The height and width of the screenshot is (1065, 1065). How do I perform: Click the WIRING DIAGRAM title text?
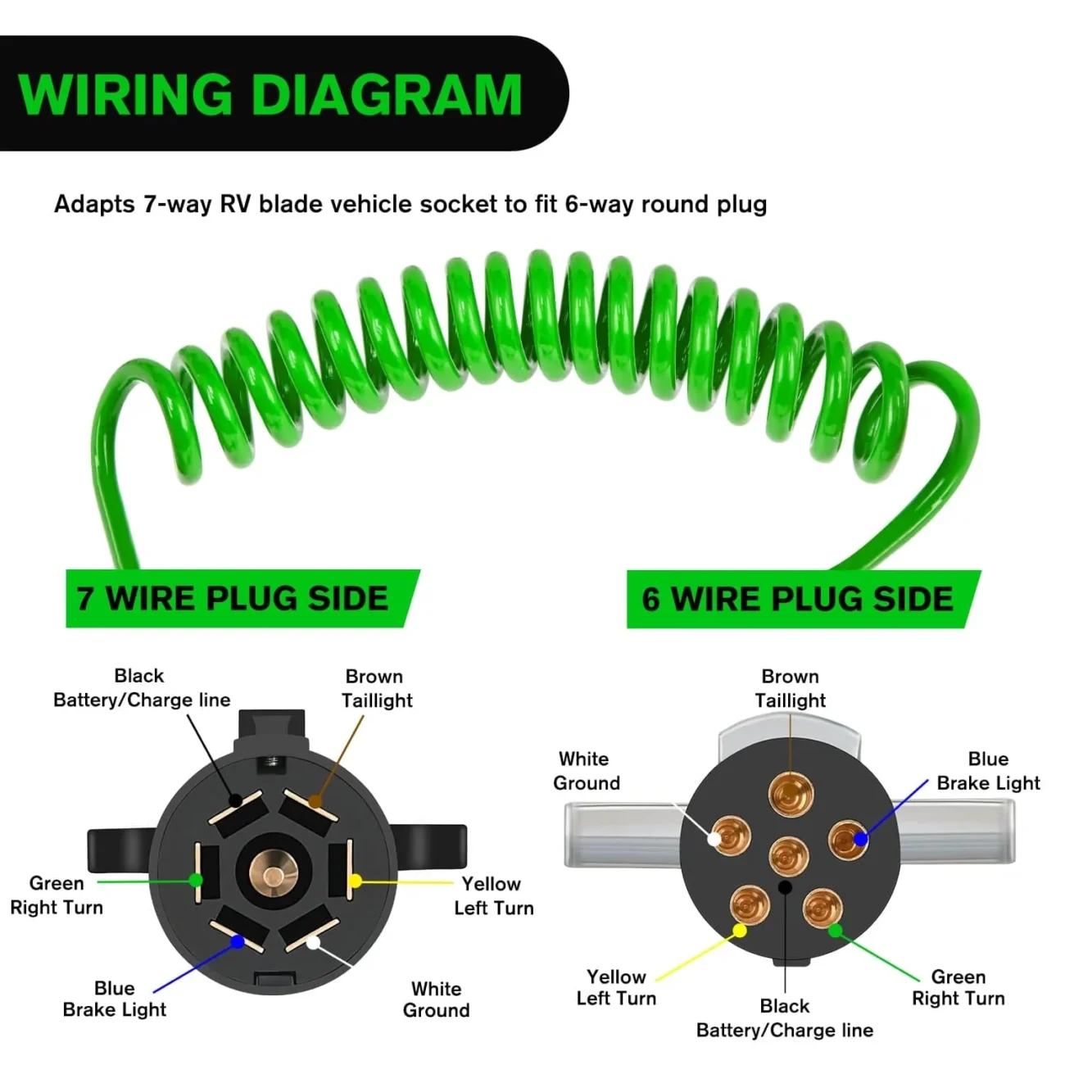point(270,94)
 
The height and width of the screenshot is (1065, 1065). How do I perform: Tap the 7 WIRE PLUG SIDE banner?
point(233,599)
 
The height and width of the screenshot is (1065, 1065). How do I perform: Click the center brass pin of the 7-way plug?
point(273,876)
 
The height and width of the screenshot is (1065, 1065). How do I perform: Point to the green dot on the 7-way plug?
point(196,881)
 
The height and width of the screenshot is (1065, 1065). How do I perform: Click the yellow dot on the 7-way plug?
point(355,881)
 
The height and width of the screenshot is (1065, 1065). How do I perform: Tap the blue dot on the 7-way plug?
point(238,942)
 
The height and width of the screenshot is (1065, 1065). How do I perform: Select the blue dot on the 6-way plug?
point(860,839)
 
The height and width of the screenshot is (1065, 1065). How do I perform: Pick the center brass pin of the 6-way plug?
point(789,857)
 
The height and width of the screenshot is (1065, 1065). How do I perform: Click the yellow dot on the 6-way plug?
point(739,931)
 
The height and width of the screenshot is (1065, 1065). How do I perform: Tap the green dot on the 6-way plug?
point(835,931)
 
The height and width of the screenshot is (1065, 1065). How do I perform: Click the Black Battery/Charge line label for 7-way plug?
point(141,688)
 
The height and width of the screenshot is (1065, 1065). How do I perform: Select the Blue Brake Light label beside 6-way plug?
point(988,771)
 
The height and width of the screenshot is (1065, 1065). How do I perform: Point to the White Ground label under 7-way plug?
point(436,999)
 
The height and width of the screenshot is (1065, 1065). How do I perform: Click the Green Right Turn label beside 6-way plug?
point(958,988)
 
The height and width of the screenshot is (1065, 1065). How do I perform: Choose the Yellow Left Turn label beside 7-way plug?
point(493,895)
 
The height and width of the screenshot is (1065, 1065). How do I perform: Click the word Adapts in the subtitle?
point(94,204)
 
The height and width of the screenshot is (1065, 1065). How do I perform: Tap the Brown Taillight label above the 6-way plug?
point(790,688)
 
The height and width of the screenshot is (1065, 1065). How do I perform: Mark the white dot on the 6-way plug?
point(714,840)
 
